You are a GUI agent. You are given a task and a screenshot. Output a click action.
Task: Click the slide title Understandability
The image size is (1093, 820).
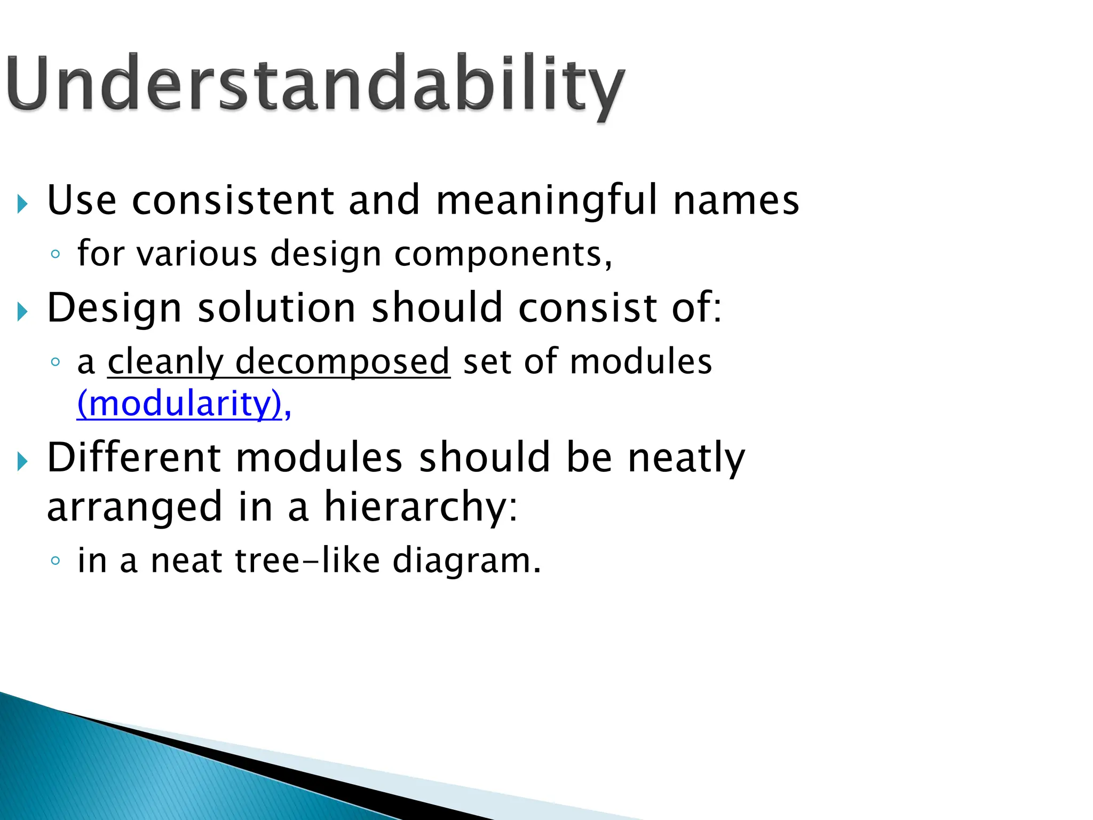pos(315,85)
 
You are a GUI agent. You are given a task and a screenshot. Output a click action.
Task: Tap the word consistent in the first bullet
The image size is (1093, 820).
pos(233,200)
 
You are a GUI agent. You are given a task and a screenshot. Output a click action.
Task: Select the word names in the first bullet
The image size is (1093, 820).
pos(736,200)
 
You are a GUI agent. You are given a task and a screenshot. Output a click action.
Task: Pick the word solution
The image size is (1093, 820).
pos(276,308)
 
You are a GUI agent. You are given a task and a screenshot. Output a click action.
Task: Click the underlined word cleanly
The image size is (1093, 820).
pos(165,362)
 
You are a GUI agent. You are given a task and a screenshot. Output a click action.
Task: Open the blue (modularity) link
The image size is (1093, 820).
pos(179,404)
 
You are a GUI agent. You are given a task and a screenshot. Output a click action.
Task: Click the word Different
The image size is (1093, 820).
pos(134,458)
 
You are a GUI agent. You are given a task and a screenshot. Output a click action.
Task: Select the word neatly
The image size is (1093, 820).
pos(686,458)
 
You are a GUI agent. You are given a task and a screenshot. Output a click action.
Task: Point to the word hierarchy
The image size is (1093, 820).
pos(421,507)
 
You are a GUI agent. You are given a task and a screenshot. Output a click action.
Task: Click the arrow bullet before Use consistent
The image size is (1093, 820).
pos(22,203)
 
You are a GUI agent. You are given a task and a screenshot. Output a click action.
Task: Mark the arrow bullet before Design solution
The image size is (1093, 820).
pos(22,311)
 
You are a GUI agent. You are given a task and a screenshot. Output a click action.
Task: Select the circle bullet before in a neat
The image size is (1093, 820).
pos(55,561)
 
